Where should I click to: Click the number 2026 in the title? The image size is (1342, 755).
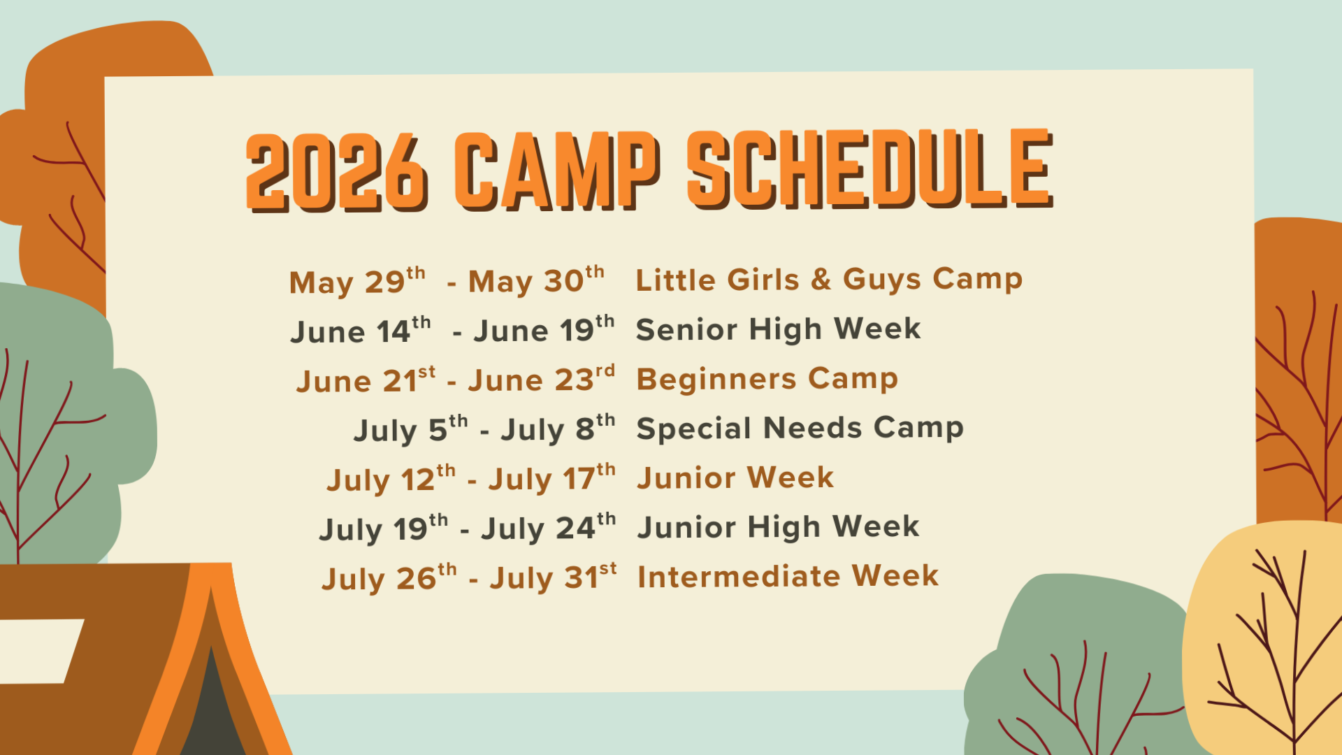click(x=336, y=172)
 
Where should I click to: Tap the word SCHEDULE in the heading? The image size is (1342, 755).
click(x=870, y=168)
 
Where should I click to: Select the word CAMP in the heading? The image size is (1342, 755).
click(x=557, y=171)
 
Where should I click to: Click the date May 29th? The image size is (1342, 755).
click(x=357, y=281)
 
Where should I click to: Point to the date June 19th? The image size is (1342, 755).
click(x=544, y=329)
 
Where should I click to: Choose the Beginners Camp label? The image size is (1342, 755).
click(x=767, y=379)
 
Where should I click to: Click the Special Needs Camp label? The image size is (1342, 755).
click(x=800, y=428)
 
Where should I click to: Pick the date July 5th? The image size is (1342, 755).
click(x=411, y=429)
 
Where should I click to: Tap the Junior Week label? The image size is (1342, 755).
click(x=735, y=477)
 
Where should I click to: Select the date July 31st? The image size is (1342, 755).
click(x=554, y=577)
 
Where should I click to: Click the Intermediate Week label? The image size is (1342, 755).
click(x=788, y=576)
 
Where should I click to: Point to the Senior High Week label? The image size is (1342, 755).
click(x=778, y=329)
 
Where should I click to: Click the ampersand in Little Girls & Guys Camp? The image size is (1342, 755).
click(x=821, y=279)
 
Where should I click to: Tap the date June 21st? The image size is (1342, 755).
click(x=366, y=380)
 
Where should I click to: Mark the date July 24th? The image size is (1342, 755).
click(x=549, y=528)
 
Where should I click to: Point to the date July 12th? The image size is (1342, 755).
click(x=391, y=480)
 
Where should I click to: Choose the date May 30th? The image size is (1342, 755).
click(x=536, y=280)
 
